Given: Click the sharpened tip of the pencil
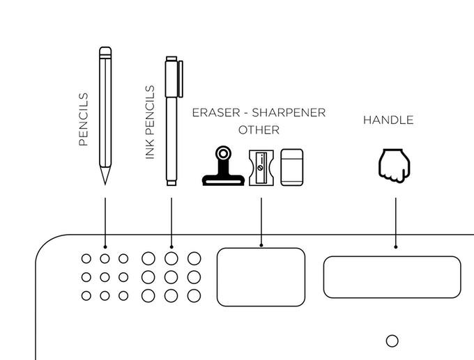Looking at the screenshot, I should click(105, 178).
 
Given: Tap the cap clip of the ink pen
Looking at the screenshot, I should click(180, 78).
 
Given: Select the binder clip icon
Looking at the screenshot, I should click(223, 166).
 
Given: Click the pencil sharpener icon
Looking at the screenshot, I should click(262, 167).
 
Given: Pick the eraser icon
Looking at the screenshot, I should click(293, 167).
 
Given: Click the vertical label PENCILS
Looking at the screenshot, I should click(84, 119).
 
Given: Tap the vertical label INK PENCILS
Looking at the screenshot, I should click(149, 123).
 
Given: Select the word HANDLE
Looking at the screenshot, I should click(388, 120).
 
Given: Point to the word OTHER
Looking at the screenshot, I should click(259, 130).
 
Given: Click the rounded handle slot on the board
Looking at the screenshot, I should click(392, 276).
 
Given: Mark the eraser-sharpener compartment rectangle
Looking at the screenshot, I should click(261, 276).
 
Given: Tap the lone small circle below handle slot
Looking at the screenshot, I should click(392, 341).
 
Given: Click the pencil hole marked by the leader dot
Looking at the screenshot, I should click(105, 258).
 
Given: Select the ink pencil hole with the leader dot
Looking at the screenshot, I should click(171, 258).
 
